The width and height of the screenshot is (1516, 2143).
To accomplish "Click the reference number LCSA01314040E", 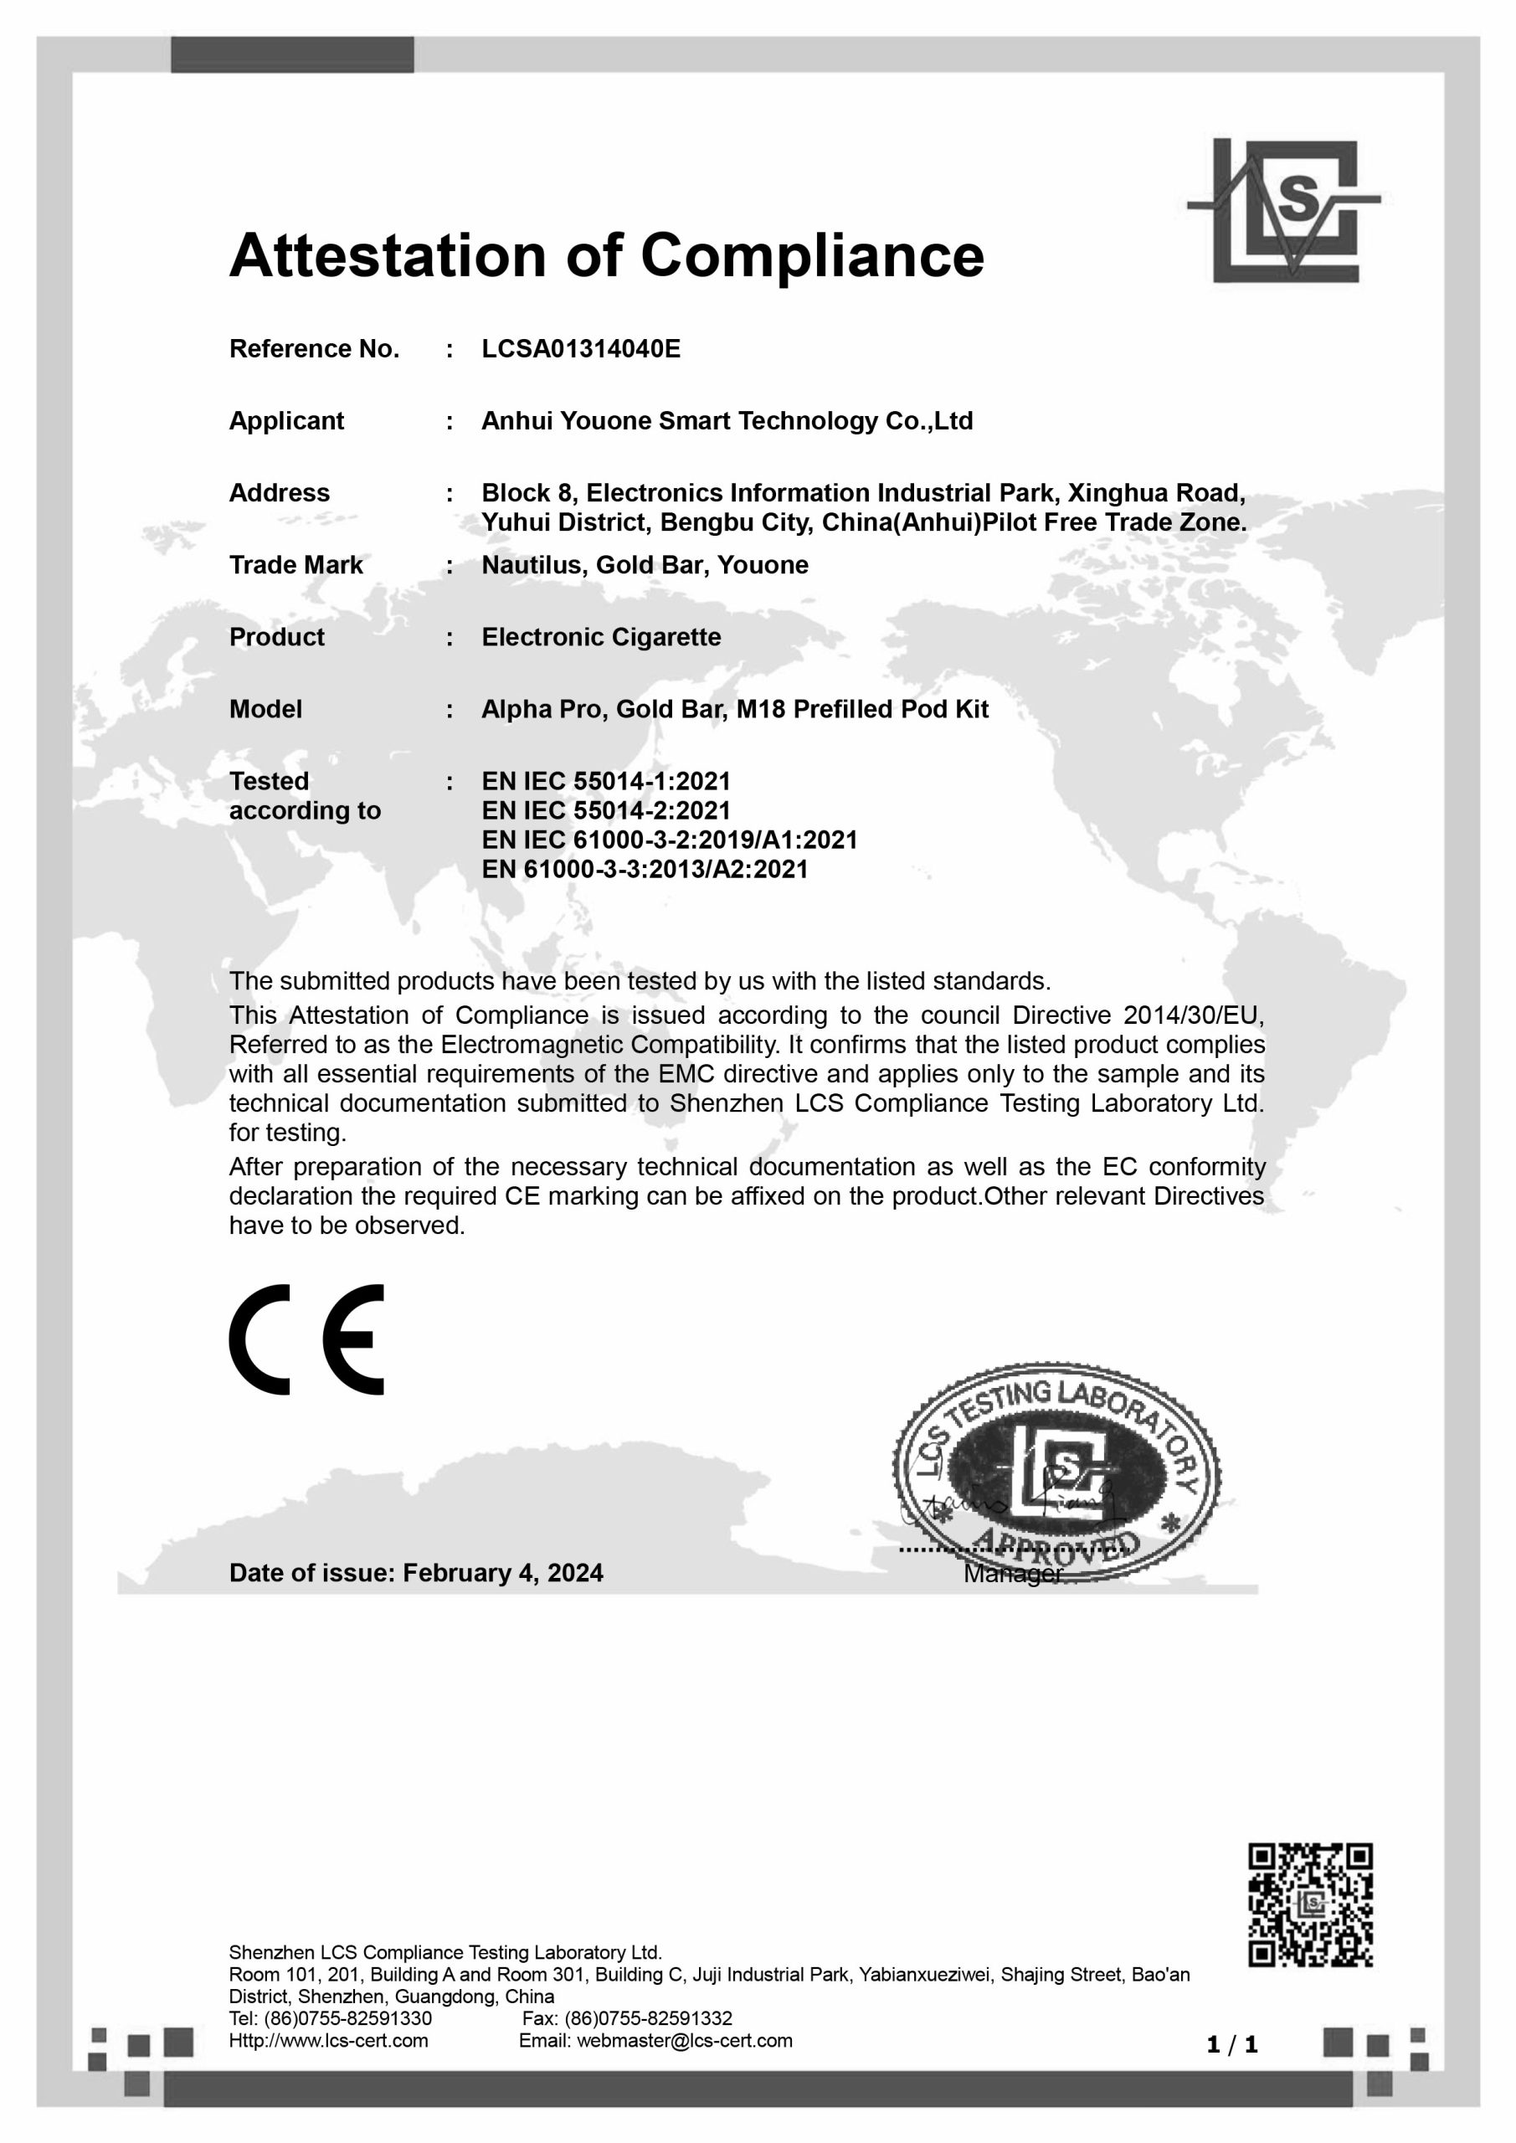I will tap(581, 349).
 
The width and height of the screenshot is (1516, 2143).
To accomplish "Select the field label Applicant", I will tap(286, 421).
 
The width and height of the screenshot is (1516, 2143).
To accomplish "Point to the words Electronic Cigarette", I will tap(601, 638).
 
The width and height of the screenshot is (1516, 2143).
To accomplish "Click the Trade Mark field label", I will tap(296, 566).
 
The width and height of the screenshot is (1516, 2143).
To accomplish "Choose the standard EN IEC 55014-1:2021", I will tap(606, 781).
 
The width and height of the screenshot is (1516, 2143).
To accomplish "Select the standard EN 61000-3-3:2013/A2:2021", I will tap(644, 869).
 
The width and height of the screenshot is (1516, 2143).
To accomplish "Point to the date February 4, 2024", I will tap(503, 1573).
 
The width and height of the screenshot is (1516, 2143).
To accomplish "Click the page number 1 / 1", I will tap(1232, 2045).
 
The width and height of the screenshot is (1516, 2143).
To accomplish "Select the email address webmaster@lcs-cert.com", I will tap(684, 2040).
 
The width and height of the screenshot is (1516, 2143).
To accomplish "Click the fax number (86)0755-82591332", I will tap(648, 2018).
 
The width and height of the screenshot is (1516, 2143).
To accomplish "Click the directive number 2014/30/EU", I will tap(1194, 1015).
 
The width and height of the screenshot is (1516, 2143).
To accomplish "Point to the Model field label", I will tap(266, 709).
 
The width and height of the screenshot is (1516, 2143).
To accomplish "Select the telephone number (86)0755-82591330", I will tap(349, 2018).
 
